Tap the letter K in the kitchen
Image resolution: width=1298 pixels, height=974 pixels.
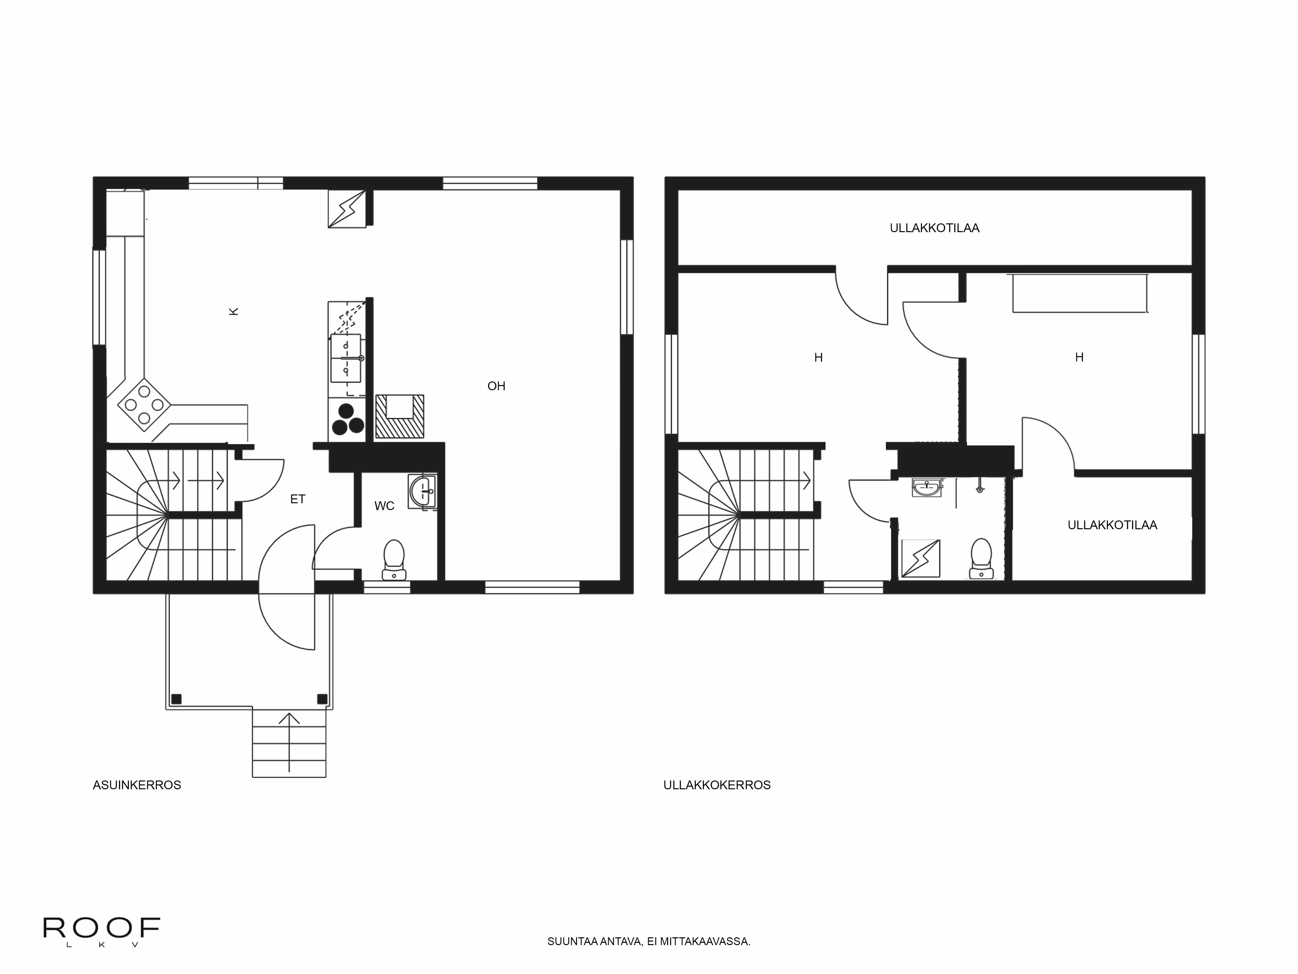click(234, 312)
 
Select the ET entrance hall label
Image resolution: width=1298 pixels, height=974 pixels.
click(298, 499)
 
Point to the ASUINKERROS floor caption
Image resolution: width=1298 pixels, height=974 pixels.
click(137, 785)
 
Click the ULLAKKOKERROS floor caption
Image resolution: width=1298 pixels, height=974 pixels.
click(716, 785)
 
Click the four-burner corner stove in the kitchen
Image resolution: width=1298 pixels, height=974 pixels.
click(144, 405)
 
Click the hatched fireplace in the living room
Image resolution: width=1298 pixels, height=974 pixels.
click(399, 416)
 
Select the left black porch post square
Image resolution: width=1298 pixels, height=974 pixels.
click(176, 699)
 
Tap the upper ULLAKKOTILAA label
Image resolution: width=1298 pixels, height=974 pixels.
click(934, 228)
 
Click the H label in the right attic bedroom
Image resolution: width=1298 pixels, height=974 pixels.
click(1079, 357)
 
